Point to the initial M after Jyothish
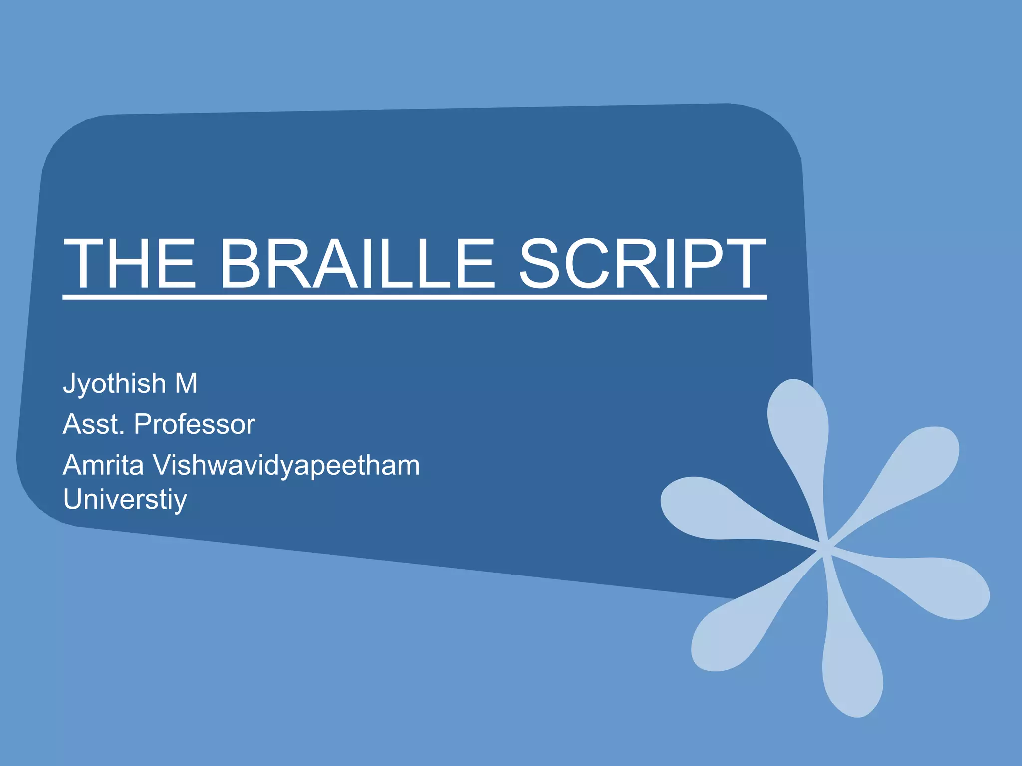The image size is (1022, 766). pos(186,383)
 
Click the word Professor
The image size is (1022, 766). pos(194,424)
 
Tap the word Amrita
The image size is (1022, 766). pos(103,465)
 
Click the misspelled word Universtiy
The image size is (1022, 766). pos(125,500)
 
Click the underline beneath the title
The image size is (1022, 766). pos(414,297)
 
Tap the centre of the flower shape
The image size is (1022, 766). pos(824,548)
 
